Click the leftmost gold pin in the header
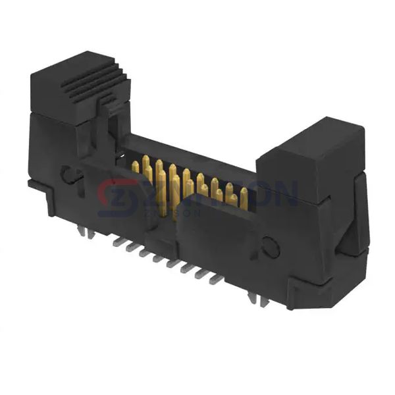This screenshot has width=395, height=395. pos(135,166)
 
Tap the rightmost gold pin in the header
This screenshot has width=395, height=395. pos(244,195)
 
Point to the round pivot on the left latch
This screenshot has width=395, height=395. pos(66,174)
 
